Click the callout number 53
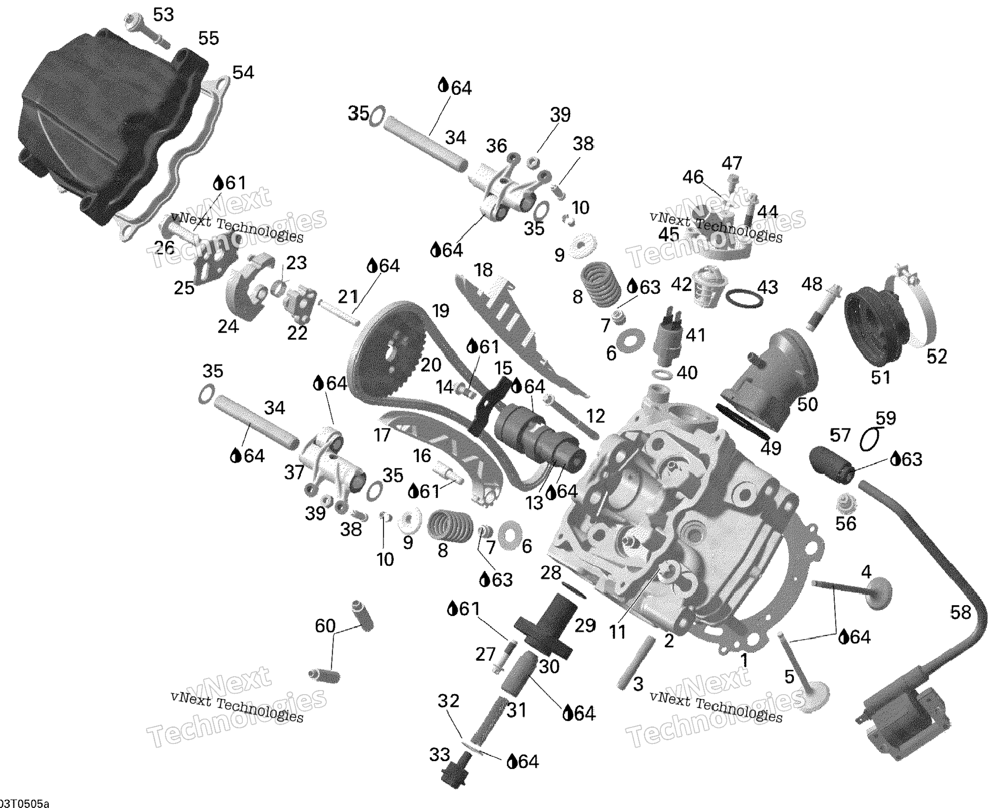coord(163,15)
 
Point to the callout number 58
coord(960,612)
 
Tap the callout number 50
coord(807,404)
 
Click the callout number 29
coord(585,626)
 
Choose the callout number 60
coord(325,626)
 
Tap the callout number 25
coord(184,288)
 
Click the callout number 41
coord(695,335)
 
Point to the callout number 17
coord(382,435)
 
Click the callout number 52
coord(937,357)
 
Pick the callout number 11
coord(618,632)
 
